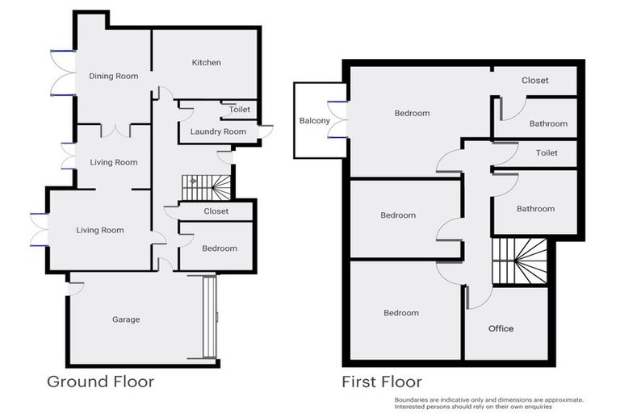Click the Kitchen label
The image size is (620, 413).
click(206, 63)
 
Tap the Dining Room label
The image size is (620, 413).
click(113, 77)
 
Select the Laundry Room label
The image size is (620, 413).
click(218, 131)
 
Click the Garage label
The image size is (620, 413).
click(126, 319)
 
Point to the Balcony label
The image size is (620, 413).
click(314, 121)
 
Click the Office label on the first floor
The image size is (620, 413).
click(501, 328)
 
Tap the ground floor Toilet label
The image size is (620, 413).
click(240, 110)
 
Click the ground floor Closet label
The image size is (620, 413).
click(216, 211)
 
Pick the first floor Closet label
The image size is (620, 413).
click(534, 81)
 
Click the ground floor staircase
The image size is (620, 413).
click(206, 187)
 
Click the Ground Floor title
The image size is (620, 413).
click(100, 382)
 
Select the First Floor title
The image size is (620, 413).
click(382, 382)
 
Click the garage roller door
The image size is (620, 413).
click(210, 316)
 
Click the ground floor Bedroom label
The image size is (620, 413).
click(220, 248)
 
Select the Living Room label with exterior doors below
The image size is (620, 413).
click(100, 231)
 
